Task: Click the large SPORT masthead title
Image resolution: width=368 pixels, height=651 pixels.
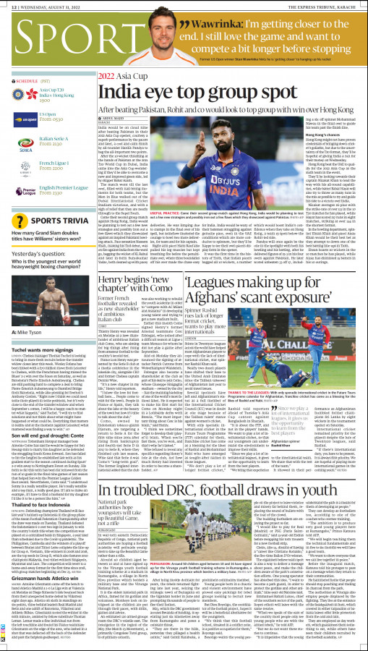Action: (47, 37)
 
